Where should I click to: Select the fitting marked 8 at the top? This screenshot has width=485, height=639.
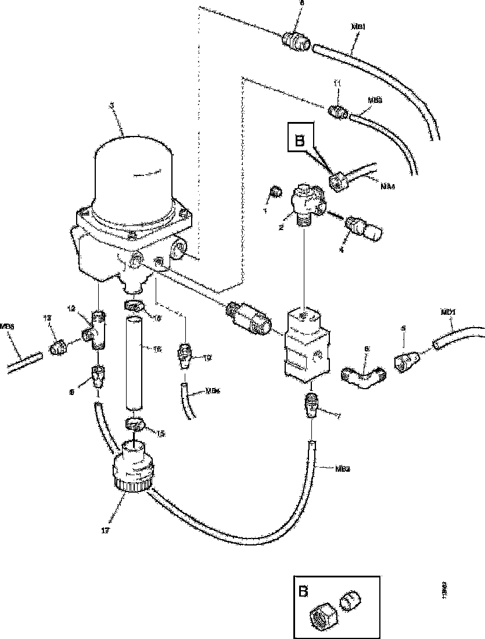(x=297, y=41)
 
